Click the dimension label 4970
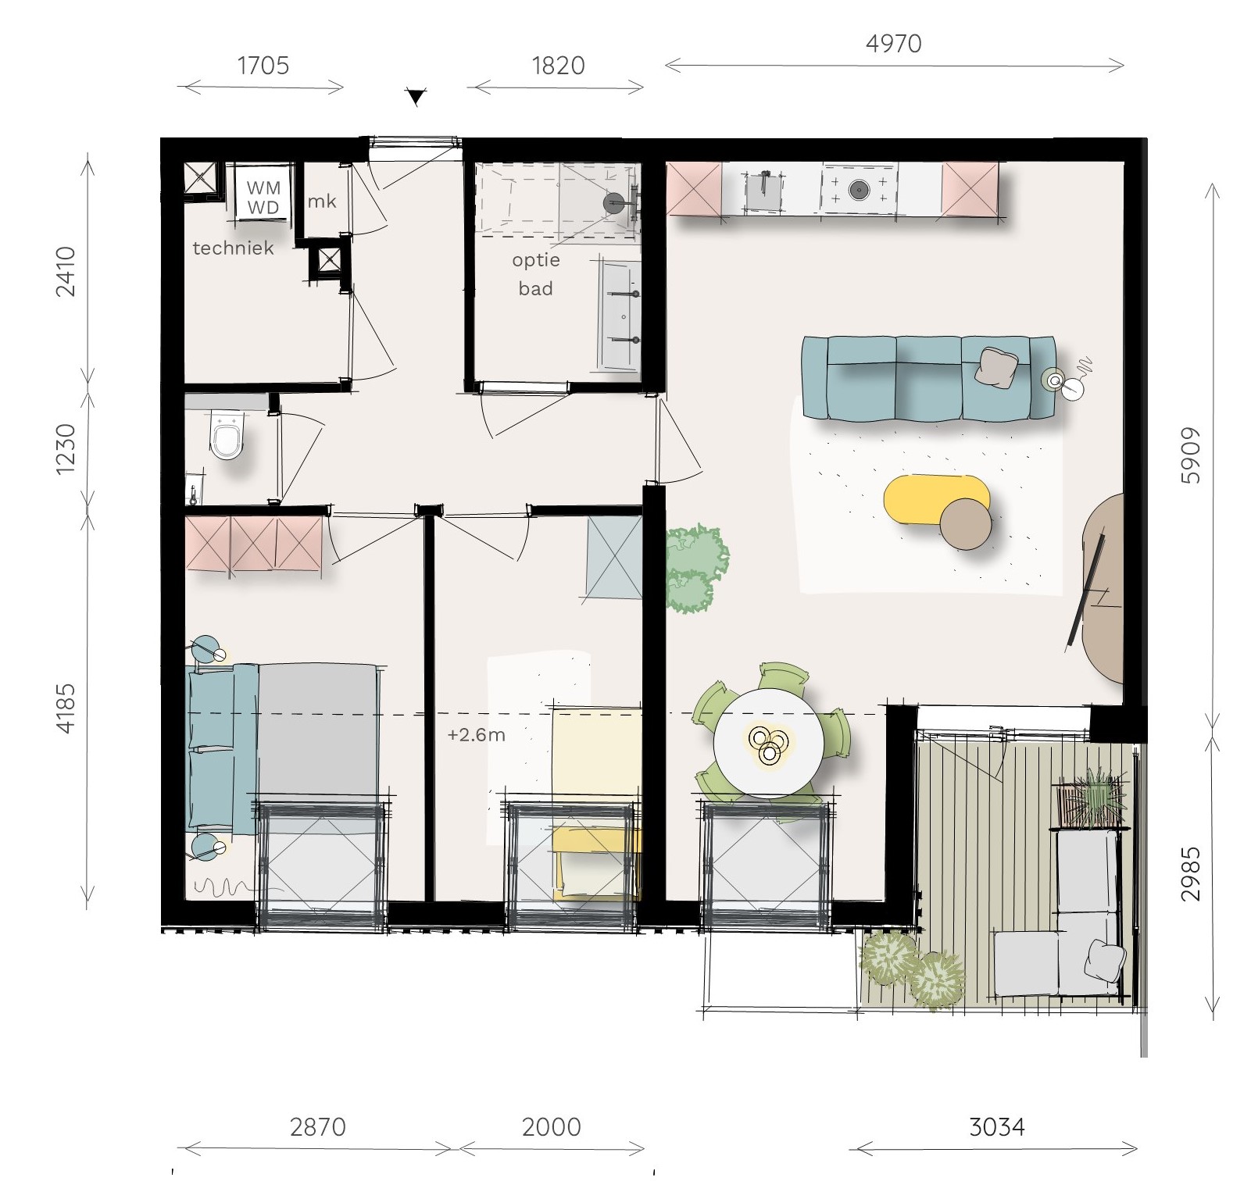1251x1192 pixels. tap(893, 44)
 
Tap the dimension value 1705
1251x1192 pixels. tap(263, 66)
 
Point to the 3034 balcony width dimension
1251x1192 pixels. tap(996, 1127)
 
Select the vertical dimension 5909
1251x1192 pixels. tap(1190, 456)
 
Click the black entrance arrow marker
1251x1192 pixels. tap(416, 97)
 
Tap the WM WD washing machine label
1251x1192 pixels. tap(263, 198)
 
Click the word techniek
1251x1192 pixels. tap(233, 248)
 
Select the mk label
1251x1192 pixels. tap(321, 202)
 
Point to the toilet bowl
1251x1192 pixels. tap(227, 437)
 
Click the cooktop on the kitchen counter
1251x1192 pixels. tap(859, 189)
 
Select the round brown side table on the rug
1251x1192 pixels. tap(966, 524)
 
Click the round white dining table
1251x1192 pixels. tap(769, 742)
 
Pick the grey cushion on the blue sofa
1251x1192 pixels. tap(998, 367)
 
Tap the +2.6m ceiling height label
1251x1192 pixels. tap(476, 735)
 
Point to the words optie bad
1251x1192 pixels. tap(536, 274)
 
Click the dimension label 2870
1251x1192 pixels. tap(317, 1127)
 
